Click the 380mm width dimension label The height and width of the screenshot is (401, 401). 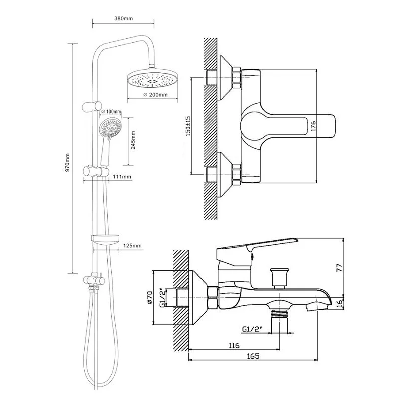123,18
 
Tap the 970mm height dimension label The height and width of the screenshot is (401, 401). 68,163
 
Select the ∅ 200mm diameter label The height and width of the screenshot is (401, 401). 156,95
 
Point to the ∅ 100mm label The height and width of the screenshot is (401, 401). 111,112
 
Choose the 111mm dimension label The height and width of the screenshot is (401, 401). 122,177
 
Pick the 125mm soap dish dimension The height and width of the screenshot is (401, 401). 132,246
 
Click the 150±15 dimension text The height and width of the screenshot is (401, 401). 188,126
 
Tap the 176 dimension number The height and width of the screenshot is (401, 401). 313,126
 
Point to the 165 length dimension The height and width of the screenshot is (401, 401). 253,356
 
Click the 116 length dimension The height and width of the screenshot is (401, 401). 234,346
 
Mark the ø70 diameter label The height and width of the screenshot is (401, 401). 149,297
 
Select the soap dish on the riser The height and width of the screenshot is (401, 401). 105,240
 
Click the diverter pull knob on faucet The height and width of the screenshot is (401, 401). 280,278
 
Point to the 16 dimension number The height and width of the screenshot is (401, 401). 339,303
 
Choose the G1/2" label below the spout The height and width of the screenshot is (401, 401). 252,329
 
